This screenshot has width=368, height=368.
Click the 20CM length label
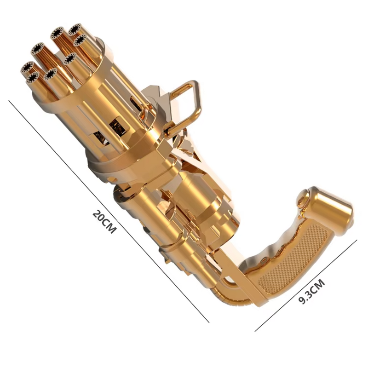(x=104, y=222)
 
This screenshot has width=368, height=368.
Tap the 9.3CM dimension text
(x=311, y=291)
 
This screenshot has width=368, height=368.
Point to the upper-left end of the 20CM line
(x=9, y=100)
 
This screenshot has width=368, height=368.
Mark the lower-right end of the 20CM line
(x=209, y=322)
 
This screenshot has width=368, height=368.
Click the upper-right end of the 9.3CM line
(x=357, y=240)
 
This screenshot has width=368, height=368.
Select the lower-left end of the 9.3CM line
(x=255, y=331)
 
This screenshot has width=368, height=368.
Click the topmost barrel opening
(x=75, y=29)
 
